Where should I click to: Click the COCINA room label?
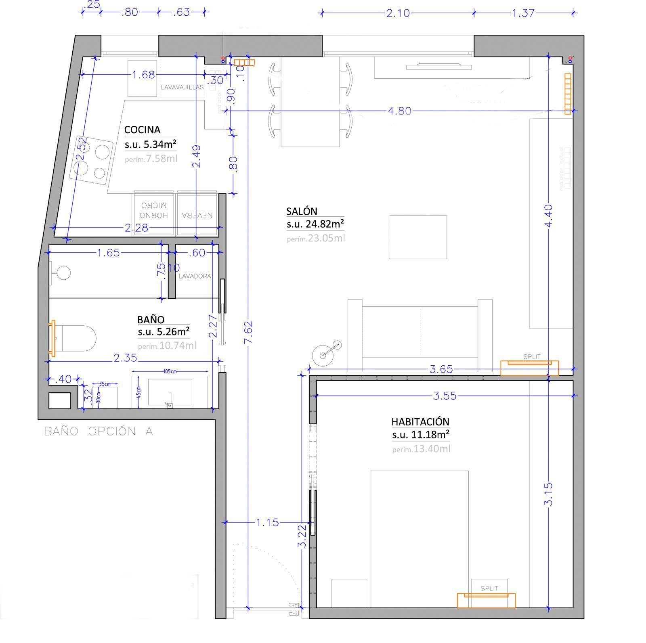point(142,130)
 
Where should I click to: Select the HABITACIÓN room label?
point(420,422)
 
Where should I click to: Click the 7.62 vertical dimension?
point(248,332)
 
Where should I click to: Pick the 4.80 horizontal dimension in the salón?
point(399,111)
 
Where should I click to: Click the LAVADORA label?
point(195,276)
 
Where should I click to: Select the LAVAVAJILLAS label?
point(182,87)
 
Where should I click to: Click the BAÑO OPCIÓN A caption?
point(99,431)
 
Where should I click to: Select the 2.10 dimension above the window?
point(398,13)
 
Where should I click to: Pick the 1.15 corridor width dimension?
point(267,522)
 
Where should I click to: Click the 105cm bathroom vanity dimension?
point(170,371)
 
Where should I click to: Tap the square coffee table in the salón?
point(417,237)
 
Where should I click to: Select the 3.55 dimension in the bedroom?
point(445,396)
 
